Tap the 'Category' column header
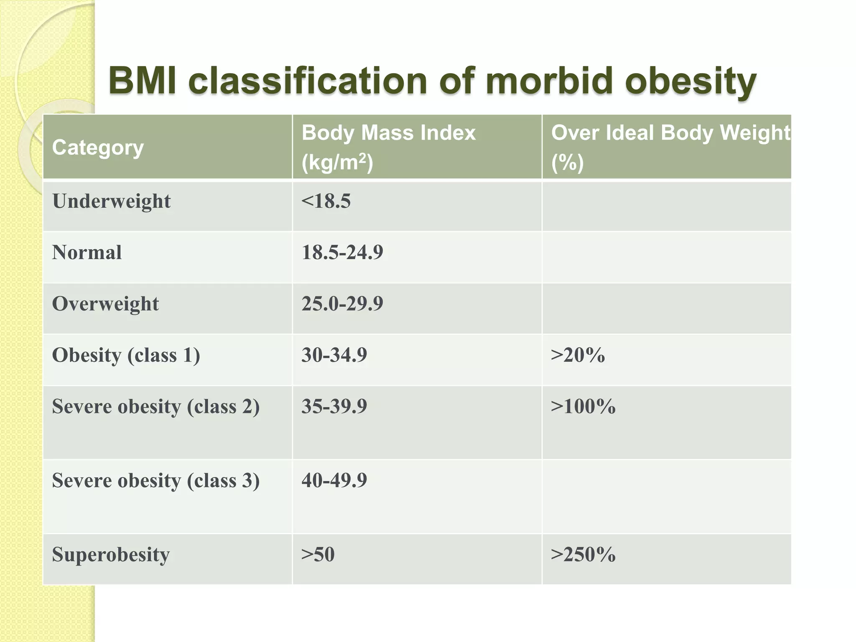(x=98, y=148)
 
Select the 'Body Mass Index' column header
(x=388, y=133)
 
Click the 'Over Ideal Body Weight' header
(x=670, y=133)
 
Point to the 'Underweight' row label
(x=111, y=201)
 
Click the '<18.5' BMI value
(x=326, y=201)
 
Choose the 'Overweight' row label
(x=105, y=304)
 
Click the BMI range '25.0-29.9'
(x=342, y=304)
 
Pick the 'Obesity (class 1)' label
(x=126, y=355)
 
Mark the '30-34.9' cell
(x=334, y=355)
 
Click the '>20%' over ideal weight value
(x=578, y=355)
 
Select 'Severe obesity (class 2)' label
(x=155, y=407)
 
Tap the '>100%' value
(x=583, y=407)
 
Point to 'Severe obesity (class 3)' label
(x=155, y=481)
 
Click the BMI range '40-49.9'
(x=334, y=481)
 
